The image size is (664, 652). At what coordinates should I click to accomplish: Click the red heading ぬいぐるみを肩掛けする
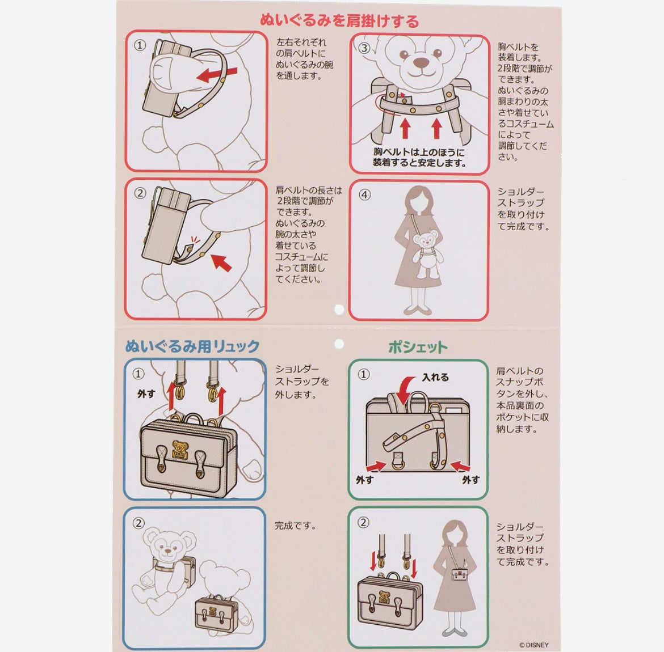pyautogui.click(x=339, y=20)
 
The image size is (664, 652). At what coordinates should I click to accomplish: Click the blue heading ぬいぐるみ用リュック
pyautogui.click(x=192, y=346)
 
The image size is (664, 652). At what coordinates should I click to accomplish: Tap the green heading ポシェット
pyautogui.click(x=418, y=348)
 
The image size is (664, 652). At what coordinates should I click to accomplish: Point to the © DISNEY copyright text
pyautogui.click(x=533, y=645)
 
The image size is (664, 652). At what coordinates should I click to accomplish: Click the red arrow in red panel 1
pyautogui.click(x=217, y=74)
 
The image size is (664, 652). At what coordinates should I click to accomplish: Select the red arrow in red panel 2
pyautogui.click(x=221, y=263)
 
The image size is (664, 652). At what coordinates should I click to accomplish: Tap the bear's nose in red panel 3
pyautogui.click(x=421, y=63)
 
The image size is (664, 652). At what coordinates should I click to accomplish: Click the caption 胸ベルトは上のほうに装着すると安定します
pyautogui.click(x=419, y=158)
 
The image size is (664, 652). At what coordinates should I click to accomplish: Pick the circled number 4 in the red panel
pyautogui.click(x=364, y=195)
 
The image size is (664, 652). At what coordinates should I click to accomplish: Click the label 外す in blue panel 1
pyautogui.click(x=146, y=394)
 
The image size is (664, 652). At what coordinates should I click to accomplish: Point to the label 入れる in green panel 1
pyautogui.click(x=435, y=377)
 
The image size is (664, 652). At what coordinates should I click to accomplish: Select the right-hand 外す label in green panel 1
pyautogui.click(x=471, y=480)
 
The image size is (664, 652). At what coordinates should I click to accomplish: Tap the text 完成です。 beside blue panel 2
pyautogui.click(x=296, y=526)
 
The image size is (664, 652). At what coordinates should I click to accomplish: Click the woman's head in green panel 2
pyautogui.click(x=453, y=532)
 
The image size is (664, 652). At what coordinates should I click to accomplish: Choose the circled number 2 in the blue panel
pyautogui.click(x=138, y=523)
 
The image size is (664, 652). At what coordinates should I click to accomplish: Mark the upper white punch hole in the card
pyautogui.click(x=339, y=310)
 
